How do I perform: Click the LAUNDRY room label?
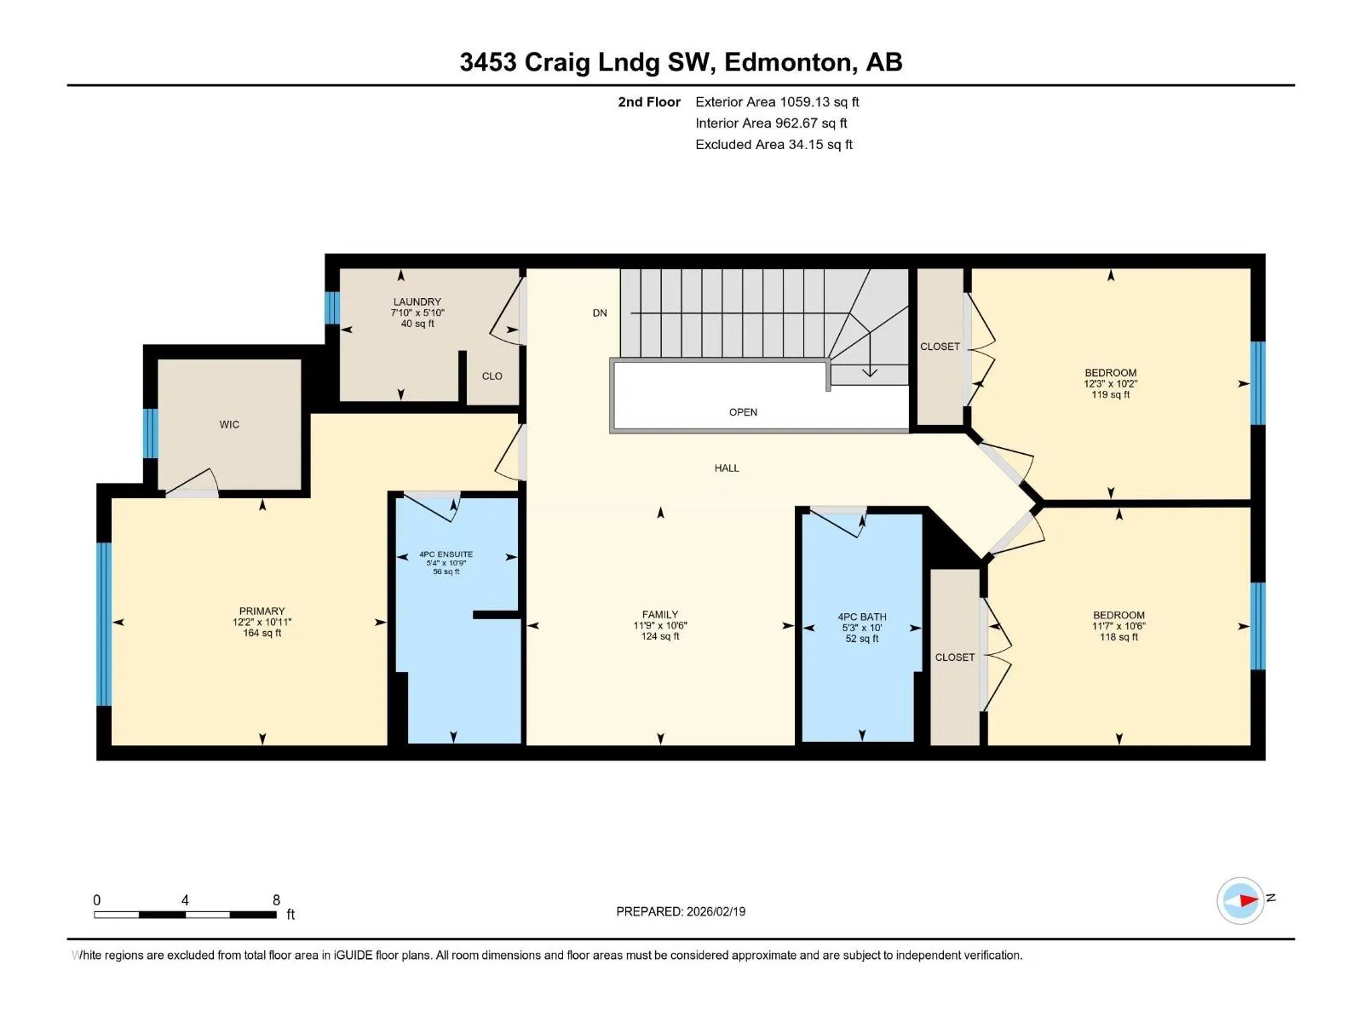click(417, 302)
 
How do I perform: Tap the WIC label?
click(229, 425)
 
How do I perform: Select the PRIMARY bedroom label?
click(262, 611)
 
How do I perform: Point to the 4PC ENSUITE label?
click(446, 554)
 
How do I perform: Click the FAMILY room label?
click(660, 614)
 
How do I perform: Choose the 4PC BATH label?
click(862, 617)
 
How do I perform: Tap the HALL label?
click(727, 468)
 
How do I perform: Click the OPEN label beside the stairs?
click(743, 413)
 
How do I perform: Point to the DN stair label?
click(599, 313)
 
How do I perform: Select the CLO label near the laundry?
click(492, 376)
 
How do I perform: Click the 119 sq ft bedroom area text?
click(1110, 394)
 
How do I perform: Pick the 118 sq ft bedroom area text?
click(1119, 637)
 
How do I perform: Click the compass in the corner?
click(1240, 900)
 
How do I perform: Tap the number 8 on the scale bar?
click(276, 899)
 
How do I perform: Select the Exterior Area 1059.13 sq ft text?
click(777, 102)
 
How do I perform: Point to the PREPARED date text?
click(681, 911)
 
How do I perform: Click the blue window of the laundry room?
click(332, 307)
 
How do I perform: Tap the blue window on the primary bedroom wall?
click(104, 624)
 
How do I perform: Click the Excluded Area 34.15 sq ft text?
click(774, 145)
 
